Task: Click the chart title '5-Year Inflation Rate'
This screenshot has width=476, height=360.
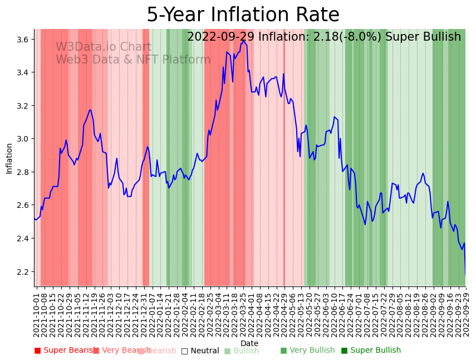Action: [243, 15]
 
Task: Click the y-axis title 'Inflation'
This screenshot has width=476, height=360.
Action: [9, 158]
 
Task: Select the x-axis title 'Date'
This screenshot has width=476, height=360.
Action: [249, 343]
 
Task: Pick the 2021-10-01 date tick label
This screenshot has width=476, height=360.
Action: [37, 312]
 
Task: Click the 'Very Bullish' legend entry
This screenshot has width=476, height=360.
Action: [307, 351]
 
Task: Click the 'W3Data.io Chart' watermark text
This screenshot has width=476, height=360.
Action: [103, 47]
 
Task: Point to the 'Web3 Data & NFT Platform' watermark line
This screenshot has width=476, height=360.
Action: [133, 60]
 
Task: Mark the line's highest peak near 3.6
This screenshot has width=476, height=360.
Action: [243, 41]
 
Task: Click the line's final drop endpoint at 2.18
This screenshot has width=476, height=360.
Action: [465, 274]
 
